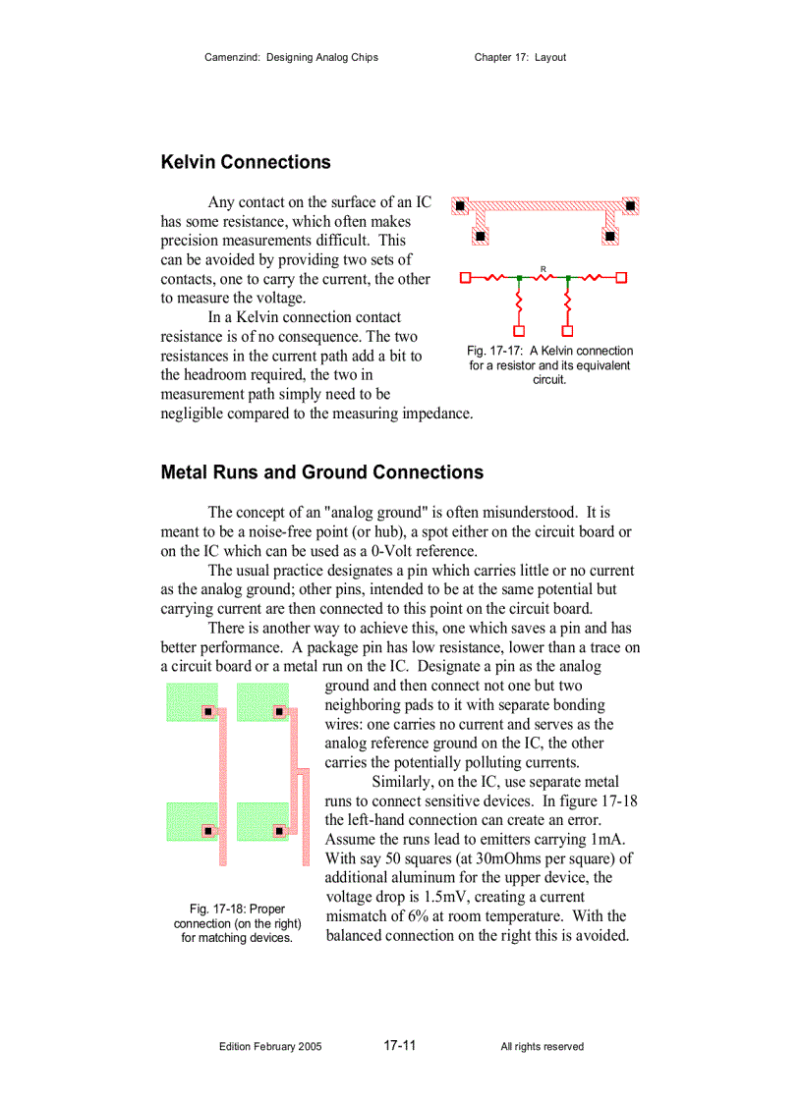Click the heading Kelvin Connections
point(246,162)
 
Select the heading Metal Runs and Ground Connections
point(321,472)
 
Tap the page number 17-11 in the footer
point(400,1045)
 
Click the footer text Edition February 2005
point(269,1047)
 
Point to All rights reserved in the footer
point(542,1047)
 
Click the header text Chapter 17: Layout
point(520,57)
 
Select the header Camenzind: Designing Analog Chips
point(291,57)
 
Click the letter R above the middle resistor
point(543,268)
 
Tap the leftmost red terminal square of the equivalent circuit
point(466,278)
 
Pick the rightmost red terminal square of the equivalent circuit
point(621,278)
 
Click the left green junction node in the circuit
point(519,278)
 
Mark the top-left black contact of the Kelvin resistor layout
point(459,206)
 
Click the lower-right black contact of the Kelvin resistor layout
point(609,236)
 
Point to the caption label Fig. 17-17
point(496,351)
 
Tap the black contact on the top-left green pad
point(208,711)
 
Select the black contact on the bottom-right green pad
point(279,831)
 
